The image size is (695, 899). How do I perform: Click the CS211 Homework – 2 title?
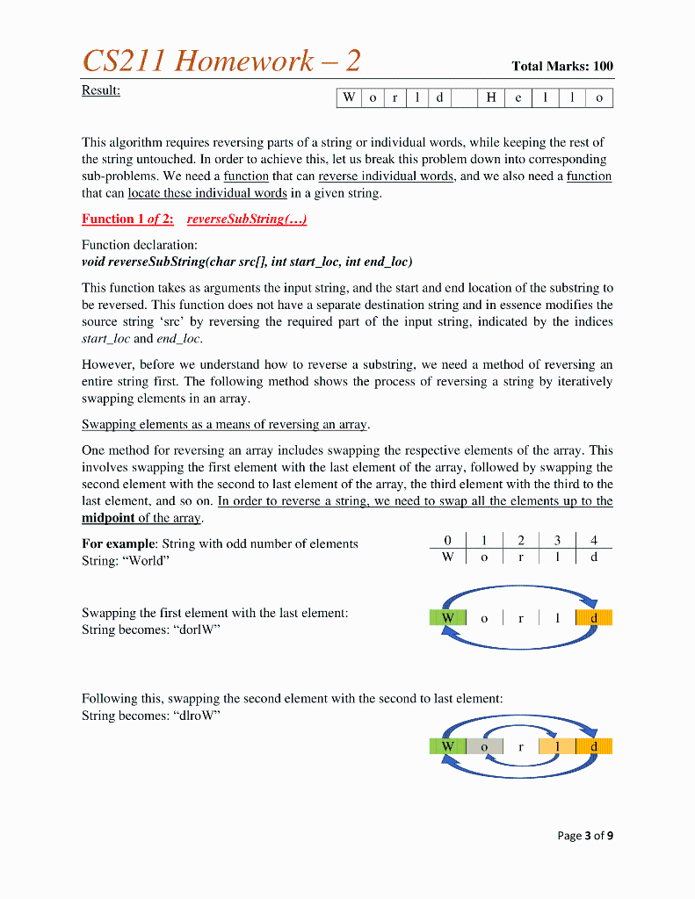221,61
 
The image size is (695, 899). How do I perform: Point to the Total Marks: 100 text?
562,66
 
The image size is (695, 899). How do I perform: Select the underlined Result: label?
101,90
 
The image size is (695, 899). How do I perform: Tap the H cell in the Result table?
492,98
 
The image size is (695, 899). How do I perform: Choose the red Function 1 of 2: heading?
127,219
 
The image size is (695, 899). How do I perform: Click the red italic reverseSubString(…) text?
247,219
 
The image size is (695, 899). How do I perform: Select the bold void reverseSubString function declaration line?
247,261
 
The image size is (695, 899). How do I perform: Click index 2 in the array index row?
521,541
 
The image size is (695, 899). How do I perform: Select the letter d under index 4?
594,557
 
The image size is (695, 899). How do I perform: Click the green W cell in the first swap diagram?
447,618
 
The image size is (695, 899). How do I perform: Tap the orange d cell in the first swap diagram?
594,618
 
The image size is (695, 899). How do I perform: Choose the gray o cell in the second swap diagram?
484,746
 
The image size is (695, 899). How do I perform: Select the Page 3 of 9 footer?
585,835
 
